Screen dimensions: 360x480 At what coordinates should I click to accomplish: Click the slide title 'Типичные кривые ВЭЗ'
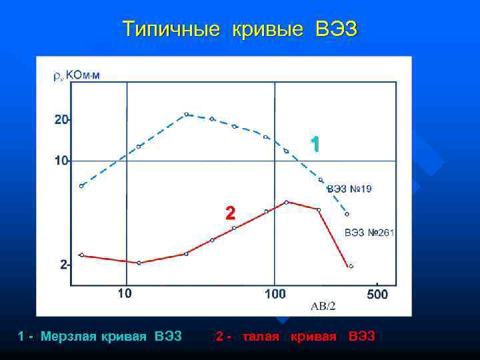[240, 29]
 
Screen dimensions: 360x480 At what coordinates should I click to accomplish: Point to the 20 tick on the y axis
[61, 120]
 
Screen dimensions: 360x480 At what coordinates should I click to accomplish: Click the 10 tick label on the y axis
[61, 161]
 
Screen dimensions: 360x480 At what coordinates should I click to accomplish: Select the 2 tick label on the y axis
[63, 265]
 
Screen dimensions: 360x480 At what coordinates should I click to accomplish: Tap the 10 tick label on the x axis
[125, 293]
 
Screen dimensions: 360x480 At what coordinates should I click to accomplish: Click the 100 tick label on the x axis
[274, 293]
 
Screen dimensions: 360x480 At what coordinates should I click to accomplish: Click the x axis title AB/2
[323, 306]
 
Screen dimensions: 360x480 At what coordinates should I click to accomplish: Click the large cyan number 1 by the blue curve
[315, 145]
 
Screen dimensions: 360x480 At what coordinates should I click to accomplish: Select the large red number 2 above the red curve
[230, 213]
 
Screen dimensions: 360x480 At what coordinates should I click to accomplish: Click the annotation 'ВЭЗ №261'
[369, 233]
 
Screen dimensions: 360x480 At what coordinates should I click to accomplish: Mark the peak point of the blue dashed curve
[187, 115]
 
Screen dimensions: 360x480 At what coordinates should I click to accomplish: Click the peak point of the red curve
[286, 202]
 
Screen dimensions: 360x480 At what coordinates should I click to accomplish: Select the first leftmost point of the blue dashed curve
[81, 186]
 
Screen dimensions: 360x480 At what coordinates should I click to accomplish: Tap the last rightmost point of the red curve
[351, 266]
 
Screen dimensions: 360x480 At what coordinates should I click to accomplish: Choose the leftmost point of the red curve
[81, 255]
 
